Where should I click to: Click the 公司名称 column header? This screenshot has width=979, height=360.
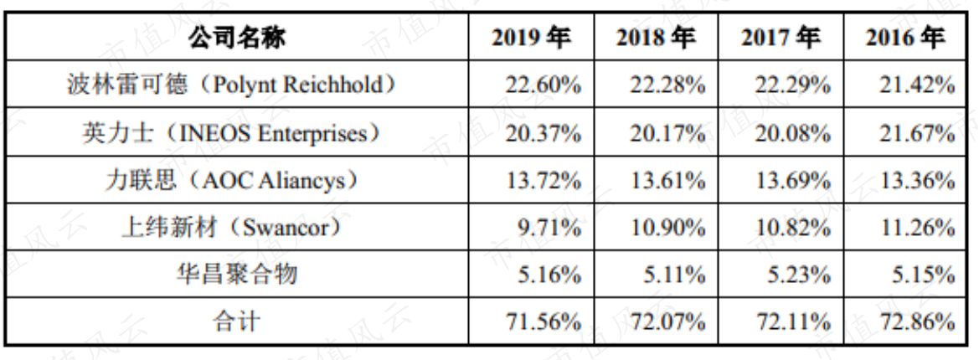click(x=237, y=39)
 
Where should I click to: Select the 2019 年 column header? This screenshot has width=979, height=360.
click(x=531, y=39)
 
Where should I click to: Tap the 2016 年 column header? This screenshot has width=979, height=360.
click(x=904, y=39)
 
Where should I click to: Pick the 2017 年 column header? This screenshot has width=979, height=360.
click(x=781, y=39)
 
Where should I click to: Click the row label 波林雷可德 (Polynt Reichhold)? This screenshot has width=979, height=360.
click(x=232, y=85)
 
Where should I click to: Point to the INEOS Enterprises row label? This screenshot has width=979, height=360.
click(x=232, y=133)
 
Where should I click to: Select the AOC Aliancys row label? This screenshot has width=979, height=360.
click(x=232, y=180)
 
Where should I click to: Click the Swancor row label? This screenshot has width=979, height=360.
click(x=232, y=228)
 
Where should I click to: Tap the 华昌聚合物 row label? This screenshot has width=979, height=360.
click(x=237, y=275)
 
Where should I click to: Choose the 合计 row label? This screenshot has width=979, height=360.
click(x=237, y=322)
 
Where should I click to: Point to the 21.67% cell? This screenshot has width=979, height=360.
click(x=917, y=133)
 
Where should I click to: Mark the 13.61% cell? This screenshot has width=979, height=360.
click(x=667, y=181)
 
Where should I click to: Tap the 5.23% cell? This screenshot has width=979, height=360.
click(x=799, y=275)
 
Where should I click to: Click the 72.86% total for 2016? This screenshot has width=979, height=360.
click(x=917, y=322)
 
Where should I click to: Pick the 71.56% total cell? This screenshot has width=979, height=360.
click(x=544, y=322)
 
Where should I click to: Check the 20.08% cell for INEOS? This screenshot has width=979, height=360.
click(x=793, y=133)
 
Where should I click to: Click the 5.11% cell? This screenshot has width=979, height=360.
click(x=673, y=275)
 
